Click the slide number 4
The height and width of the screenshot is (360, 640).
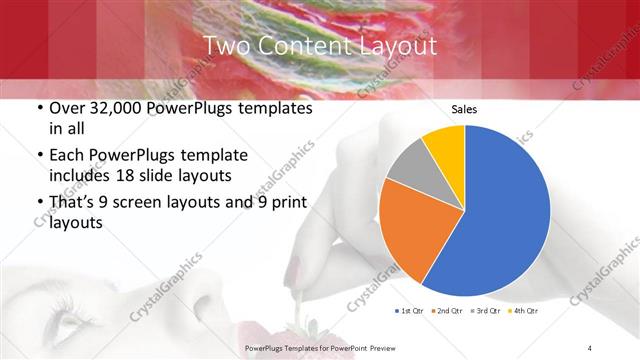pos(590,347)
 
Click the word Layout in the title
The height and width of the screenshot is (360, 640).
pos(397,46)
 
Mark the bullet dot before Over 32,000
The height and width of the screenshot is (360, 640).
pos(37,109)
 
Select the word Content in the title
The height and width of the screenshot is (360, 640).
pos(303,46)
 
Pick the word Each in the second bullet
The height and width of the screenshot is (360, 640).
pos(67,155)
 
